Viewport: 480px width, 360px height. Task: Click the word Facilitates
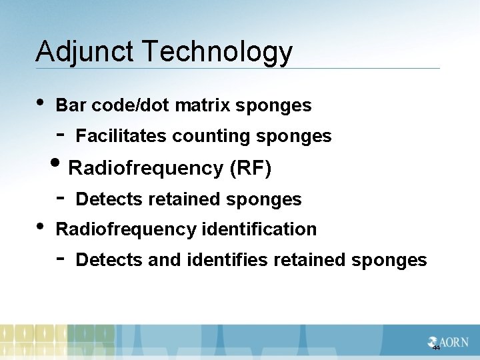click(x=121, y=136)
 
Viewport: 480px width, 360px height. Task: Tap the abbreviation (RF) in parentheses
click(x=250, y=169)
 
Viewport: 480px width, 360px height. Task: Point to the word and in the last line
click(x=163, y=259)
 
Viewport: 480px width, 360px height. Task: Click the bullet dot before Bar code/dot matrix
click(x=41, y=103)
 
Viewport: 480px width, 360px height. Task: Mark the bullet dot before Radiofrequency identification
click(x=41, y=226)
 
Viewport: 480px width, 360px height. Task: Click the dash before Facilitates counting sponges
click(x=60, y=133)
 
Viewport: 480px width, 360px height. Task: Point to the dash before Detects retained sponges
click(x=60, y=197)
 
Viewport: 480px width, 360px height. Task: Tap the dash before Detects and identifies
click(x=60, y=257)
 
